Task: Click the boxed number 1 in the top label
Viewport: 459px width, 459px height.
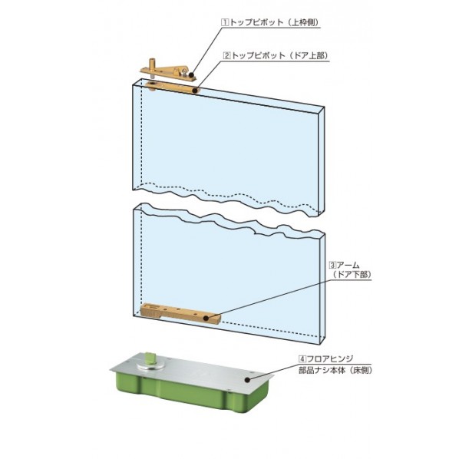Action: (x=225, y=22)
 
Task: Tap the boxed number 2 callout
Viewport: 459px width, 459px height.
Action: (x=227, y=55)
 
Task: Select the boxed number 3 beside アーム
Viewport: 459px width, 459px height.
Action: (x=333, y=266)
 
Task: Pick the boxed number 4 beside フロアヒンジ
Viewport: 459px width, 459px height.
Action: (x=302, y=358)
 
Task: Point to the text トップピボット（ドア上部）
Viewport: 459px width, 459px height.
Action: (x=279, y=55)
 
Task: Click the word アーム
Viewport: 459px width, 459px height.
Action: (x=348, y=266)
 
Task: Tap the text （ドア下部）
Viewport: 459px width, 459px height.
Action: (x=352, y=275)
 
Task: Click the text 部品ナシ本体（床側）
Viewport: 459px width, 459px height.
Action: (x=335, y=370)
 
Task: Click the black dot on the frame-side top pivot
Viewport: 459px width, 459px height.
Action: (x=191, y=75)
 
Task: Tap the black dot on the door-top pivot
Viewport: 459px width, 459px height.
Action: (x=195, y=91)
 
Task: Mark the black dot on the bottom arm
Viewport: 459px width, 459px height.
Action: (x=206, y=318)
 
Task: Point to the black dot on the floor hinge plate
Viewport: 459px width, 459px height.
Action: (x=247, y=380)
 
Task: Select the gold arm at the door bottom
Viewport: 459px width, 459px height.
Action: (x=180, y=314)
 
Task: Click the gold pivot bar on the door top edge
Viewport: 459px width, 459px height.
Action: (x=171, y=88)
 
